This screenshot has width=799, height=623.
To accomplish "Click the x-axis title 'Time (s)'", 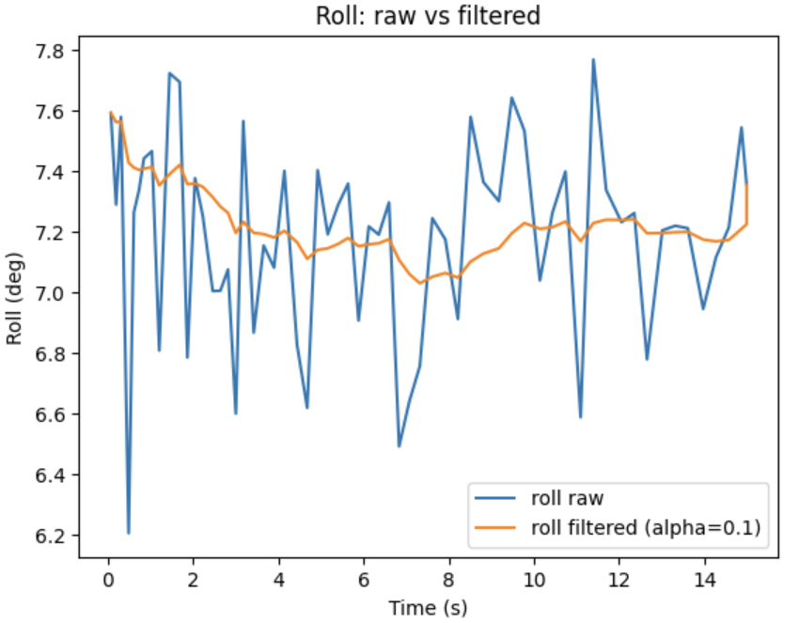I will coord(429,607).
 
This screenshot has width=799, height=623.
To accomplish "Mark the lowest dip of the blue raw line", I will coord(128,533).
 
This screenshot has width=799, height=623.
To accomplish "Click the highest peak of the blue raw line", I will coord(593,60).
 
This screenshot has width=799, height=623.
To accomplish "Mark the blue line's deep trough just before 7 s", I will coord(399,445).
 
